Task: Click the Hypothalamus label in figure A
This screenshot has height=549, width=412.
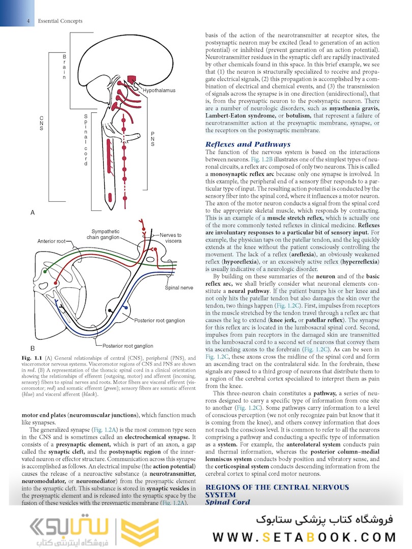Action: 159,90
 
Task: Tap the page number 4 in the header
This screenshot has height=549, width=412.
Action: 28,21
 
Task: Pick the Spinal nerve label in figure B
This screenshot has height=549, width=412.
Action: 179,288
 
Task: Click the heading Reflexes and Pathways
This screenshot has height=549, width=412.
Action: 248,144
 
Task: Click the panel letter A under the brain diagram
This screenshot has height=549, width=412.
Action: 33,213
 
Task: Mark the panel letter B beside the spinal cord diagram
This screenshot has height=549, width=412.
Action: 33,349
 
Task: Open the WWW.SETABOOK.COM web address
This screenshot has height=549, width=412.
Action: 304,537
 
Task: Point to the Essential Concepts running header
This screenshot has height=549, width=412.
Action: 60,21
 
